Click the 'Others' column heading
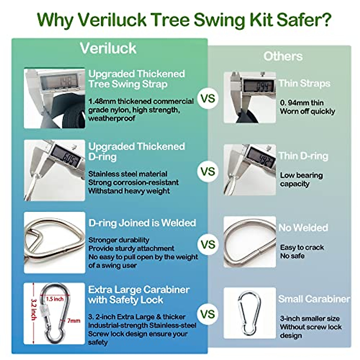tap(283, 56)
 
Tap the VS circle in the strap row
tap(208, 98)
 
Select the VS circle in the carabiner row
tap(208, 314)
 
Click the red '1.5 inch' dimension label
tap(55, 299)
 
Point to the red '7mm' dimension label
tap(73, 321)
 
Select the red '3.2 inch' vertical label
tap(34, 309)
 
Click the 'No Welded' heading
tap(303, 228)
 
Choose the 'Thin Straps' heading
tap(304, 83)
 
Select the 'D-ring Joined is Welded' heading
tap(142, 223)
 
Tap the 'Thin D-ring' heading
tap(303, 156)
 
